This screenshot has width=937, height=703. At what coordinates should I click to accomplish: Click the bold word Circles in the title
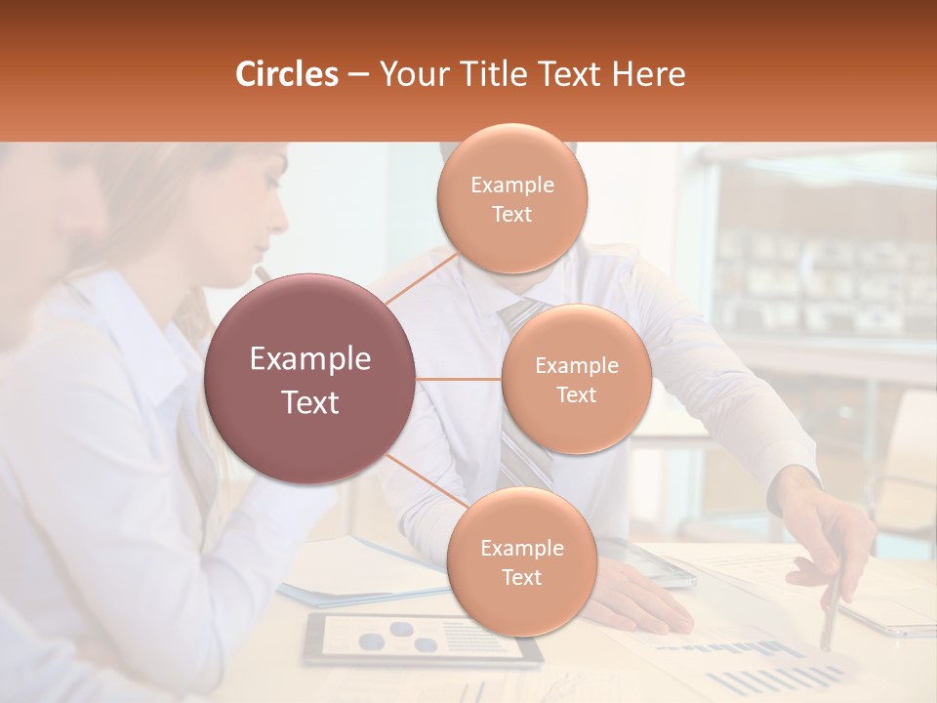point(286,74)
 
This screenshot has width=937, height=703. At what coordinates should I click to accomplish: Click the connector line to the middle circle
point(459,378)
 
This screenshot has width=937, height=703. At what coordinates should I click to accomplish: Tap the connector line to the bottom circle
point(426,481)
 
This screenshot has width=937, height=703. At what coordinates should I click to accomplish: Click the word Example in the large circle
point(310,359)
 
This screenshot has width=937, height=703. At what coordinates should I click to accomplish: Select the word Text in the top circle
point(512,215)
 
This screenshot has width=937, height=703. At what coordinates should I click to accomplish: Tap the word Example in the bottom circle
point(521,549)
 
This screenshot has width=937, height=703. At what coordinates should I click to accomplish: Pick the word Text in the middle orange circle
point(577,394)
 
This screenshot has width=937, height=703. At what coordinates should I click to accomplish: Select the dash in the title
point(358,75)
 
